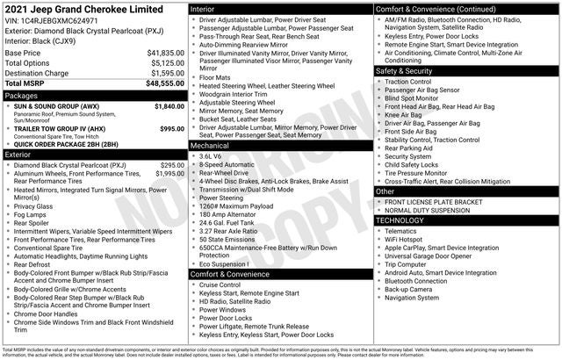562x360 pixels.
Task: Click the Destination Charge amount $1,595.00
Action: click(165, 73)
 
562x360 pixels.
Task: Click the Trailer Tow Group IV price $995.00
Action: click(172, 129)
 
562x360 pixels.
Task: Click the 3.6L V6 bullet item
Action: click(211, 155)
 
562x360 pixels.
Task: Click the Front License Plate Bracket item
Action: click(436, 202)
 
